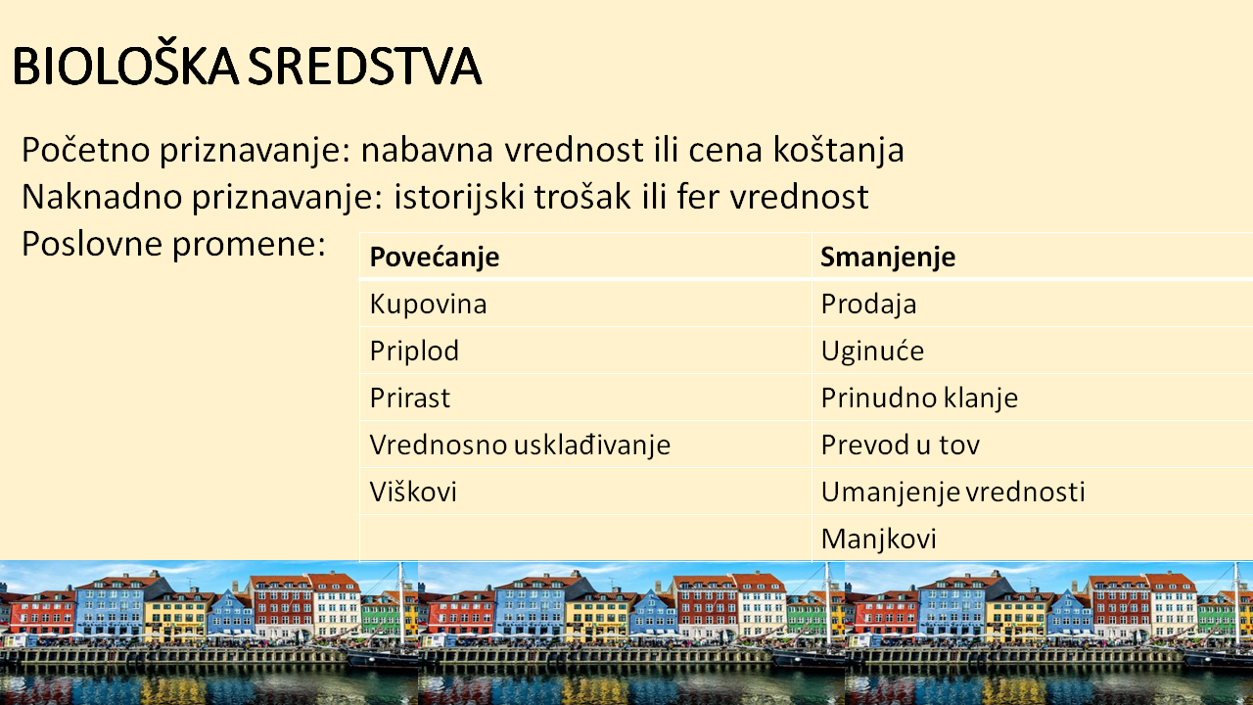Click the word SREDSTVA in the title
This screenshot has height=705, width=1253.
[364, 66]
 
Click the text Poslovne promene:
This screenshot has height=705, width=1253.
[173, 245]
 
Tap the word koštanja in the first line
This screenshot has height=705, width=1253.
[839, 150]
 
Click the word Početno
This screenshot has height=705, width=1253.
[85, 150]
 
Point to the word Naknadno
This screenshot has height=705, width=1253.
[103, 197]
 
